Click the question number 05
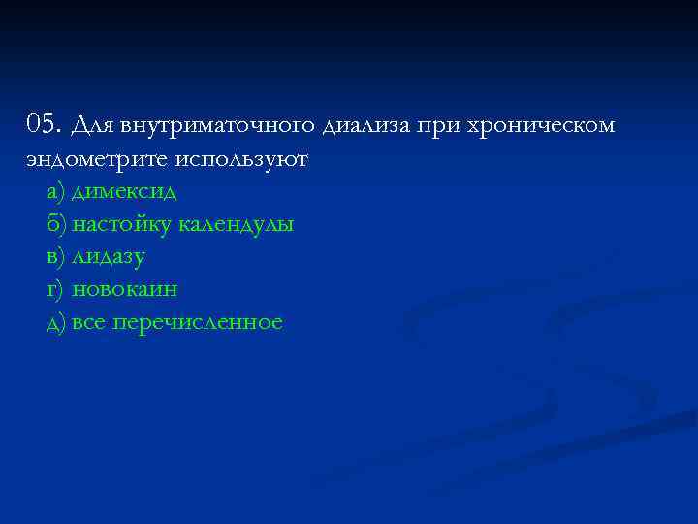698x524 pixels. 44,125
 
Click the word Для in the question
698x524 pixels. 93,126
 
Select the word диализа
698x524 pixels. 363,126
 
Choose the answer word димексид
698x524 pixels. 124,191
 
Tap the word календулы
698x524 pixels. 236,224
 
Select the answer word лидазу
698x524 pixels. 109,257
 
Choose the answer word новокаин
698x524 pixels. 125,289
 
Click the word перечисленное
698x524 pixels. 198,322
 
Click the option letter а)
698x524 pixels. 55,191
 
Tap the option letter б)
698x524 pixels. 56,224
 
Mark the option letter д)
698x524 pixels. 55,322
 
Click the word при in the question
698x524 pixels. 438,126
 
